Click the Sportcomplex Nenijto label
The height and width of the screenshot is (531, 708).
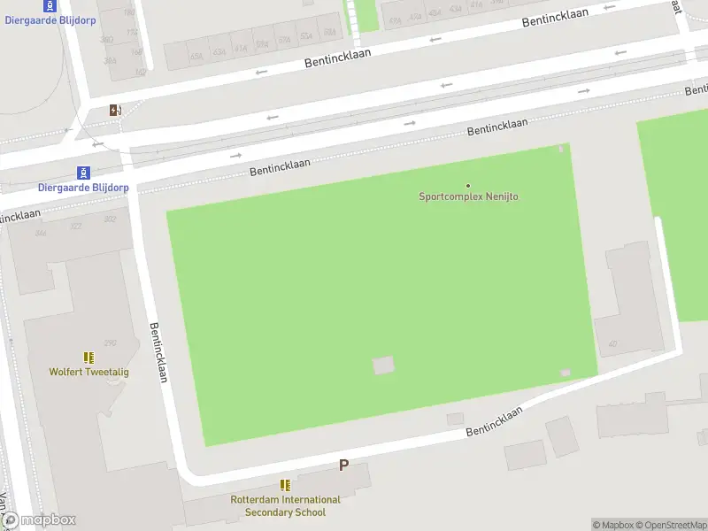click(468, 196)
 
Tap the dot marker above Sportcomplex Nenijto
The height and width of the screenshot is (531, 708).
click(468, 185)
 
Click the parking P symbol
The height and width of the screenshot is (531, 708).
click(344, 465)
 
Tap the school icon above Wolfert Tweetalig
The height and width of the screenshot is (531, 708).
click(88, 358)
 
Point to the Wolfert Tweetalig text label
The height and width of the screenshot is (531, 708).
click(88, 372)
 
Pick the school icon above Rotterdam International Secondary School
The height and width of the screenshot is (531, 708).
click(285, 485)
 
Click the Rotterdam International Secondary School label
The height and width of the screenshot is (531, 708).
click(285, 506)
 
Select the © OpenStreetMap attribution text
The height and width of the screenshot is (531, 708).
click(672, 525)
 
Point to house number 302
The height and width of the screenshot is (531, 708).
click(110, 219)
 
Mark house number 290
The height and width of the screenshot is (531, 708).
click(111, 343)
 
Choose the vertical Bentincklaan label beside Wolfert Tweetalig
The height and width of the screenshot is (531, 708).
click(159, 350)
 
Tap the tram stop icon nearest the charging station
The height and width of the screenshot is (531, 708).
click(83, 172)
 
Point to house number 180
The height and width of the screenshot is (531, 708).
click(131, 12)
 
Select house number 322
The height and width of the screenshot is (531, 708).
click(77, 227)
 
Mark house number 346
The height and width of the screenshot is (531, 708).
click(41, 233)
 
